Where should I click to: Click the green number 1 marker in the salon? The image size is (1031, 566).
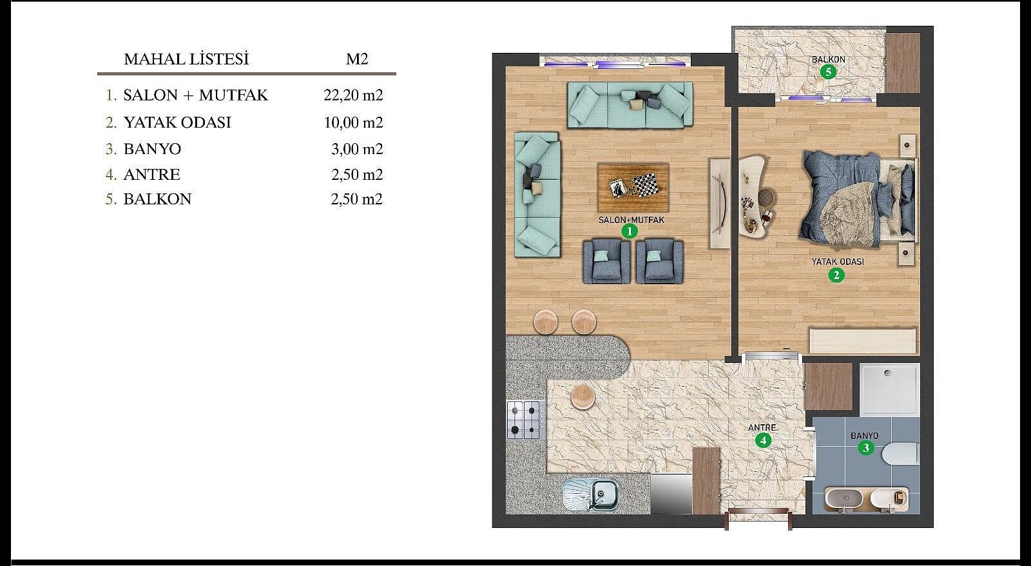click(630, 231)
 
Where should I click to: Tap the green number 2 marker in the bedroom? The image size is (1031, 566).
click(836, 275)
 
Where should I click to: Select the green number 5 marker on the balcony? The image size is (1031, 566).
click(828, 72)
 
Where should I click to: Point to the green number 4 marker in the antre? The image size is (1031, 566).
click(763, 441)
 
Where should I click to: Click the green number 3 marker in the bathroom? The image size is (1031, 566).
click(866, 447)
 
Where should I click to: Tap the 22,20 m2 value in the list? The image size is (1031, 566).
click(353, 95)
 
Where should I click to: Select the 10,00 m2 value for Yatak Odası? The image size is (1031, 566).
click(353, 122)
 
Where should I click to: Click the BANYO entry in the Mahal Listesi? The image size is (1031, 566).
click(152, 149)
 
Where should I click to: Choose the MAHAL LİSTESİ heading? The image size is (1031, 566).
click(186, 59)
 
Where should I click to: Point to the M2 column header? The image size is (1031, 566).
click(357, 59)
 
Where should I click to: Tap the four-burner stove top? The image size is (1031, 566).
click(524, 420)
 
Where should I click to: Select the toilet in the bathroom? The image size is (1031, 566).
click(900, 454)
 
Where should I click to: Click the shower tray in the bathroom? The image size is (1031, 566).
click(890, 389)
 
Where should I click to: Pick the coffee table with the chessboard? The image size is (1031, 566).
click(633, 187)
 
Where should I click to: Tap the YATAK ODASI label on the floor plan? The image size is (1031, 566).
click(838, 262)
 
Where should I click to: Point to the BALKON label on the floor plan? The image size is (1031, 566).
click(829, 59)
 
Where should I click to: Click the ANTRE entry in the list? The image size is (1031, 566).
click(152, 175)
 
